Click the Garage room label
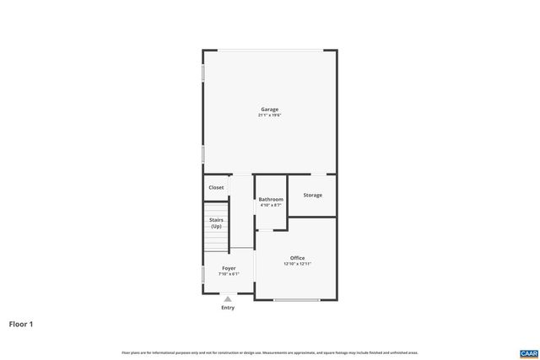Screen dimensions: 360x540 point(269,109)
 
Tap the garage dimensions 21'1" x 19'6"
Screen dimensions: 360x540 point(269,115)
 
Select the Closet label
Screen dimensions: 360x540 point(216,187)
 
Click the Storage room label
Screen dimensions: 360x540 point(312,195)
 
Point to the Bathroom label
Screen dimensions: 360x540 point(271,199)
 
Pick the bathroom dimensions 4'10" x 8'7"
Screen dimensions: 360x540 point(271,205)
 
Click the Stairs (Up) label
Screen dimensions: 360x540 point(216,223)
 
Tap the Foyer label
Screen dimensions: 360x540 point(229,268)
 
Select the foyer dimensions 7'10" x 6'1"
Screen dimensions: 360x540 point(229,274)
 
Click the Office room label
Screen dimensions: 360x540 point(297,258)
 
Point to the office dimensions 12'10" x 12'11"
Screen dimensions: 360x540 point(297,264)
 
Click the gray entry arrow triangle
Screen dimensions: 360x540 point(228,298)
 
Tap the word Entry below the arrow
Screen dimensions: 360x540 point(228,308)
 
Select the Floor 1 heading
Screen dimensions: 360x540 point(21,324)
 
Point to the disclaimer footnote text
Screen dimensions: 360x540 point(269,352)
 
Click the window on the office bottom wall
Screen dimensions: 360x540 point(297,299)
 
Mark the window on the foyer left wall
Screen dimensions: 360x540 point(203,275)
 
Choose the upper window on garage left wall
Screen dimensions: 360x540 point(203,73)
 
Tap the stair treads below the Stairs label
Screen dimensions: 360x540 point(217,241)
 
